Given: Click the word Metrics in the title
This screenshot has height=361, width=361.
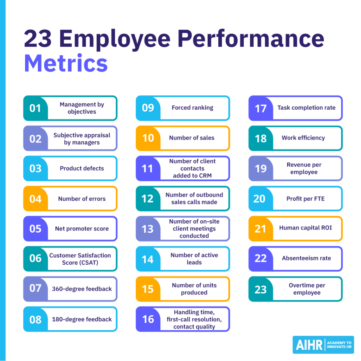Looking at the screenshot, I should point(66,63).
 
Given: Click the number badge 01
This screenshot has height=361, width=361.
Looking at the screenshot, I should point(35,108).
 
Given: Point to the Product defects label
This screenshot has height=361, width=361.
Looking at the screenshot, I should point(82,169).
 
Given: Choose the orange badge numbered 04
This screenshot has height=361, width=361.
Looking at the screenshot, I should point(35,199).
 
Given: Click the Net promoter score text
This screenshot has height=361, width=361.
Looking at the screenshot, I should point(82,229).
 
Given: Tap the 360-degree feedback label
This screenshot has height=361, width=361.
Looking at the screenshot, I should point(82,289).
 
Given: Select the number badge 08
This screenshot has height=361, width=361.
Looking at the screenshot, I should point(35,319).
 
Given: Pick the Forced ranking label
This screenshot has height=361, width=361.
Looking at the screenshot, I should point(192,108).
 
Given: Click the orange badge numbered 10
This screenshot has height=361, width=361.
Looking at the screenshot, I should point(148,138).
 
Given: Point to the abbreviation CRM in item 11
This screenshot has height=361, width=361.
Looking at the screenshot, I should point(204,175).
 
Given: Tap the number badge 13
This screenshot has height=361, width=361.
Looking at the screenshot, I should point(148,229).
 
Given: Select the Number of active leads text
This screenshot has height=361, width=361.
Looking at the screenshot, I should point(194,259).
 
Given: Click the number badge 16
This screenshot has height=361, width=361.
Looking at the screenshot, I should point(148,319).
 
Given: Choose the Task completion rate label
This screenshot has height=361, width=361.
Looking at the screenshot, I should point(306,108).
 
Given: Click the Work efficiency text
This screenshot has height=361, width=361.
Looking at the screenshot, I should point(303,138).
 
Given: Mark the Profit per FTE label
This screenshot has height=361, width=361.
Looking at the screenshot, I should point(305,199).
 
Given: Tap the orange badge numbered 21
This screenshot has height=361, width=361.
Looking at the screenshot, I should point(260,229).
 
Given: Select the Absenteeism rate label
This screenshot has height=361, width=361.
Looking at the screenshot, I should point(306,258).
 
